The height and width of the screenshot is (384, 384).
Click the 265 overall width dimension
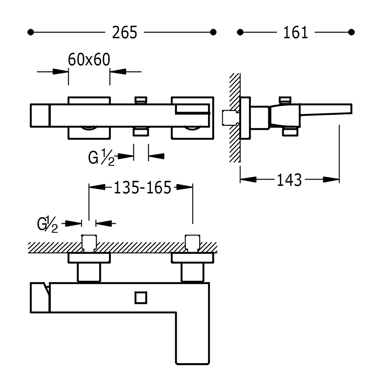click(124, 32)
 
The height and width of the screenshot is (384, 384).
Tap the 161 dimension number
click(296, 32)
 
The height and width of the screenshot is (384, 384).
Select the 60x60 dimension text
click(89, 60)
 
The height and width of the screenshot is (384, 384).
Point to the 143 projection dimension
click(289, 179)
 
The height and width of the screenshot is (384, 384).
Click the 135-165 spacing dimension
click(142, 187)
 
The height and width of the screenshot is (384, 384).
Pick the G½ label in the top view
click(101, 157)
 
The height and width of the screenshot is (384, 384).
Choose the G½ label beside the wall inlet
click(48, 224)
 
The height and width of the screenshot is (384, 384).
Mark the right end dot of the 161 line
click(350, 32)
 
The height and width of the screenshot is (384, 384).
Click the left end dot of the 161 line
click(241, 32)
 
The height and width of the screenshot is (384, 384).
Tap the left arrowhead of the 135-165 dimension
click(98, 187)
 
